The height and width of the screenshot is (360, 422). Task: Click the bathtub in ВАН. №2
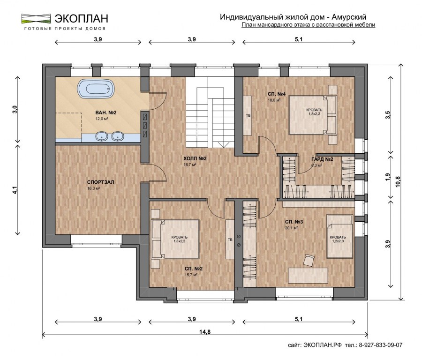(96, 88)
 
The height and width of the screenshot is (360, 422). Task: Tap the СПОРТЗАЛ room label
(101, 182)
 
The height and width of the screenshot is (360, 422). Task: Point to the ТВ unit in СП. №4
(248, 115)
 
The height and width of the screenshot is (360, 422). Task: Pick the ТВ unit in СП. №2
(230, 239)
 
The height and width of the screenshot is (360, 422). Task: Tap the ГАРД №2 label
(322, 159)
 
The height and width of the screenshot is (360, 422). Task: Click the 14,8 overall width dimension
(205, 332)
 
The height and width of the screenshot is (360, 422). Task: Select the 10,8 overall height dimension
(398, 181)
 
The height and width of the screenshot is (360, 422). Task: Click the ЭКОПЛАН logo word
(82, 19)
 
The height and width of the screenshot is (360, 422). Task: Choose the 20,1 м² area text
(291, 228)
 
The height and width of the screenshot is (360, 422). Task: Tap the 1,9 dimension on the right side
(388, 177)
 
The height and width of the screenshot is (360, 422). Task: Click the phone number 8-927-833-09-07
(381, 345)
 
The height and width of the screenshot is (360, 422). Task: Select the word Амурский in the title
(349, 17)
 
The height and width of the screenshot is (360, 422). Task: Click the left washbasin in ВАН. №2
(102, 136)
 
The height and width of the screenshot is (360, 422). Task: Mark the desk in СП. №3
(308, 275)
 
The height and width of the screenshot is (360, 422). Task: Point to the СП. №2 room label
(194, 269)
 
